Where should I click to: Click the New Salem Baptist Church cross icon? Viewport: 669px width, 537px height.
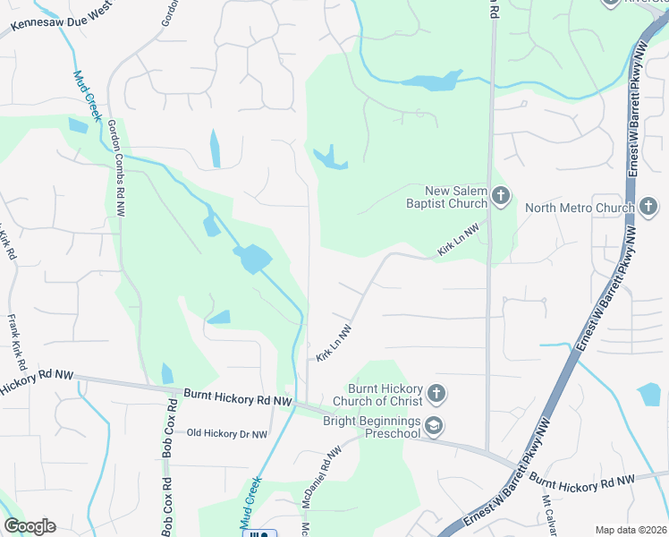[501, 196]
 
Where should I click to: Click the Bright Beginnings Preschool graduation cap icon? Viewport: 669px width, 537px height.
[434, 427]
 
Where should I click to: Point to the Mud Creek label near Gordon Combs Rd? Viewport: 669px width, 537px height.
[89, 97]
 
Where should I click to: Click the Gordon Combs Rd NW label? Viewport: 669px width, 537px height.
[117, 168]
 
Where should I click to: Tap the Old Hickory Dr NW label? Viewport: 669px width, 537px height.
[227, 434]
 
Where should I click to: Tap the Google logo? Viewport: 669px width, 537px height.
[30, 526]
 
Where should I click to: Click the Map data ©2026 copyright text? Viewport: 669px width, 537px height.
[631, 530]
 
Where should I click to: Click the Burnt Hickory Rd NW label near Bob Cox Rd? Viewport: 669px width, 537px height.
[238, 395]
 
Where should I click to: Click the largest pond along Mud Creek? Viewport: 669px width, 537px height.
[253, 260]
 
